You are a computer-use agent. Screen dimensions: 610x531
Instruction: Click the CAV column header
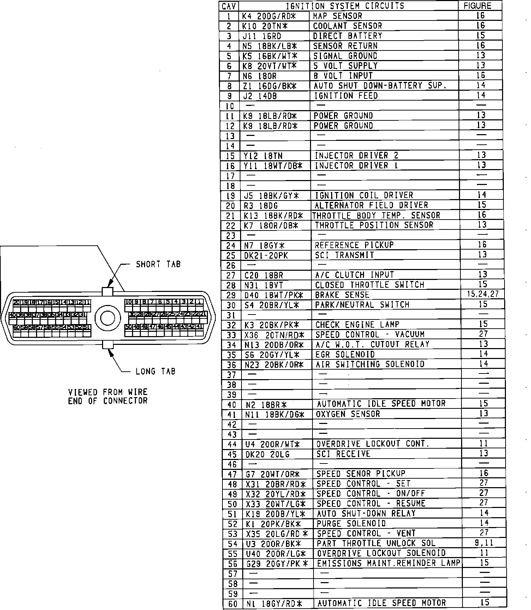click(x=229, y=6)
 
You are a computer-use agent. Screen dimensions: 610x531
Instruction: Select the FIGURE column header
click(x=477, y=6)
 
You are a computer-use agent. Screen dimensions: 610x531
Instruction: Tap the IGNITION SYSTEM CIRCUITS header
click(x=345, y=6)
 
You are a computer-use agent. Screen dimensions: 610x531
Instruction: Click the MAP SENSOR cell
click(x=338, y=16)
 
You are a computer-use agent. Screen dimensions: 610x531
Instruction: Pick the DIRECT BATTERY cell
click(x=347, y=36)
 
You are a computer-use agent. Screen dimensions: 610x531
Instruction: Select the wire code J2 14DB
click(x=260, y=96)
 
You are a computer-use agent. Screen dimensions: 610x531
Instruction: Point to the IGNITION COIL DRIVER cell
click(x=364, y=196)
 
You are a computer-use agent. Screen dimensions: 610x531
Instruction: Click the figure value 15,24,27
click(x=483, y=294)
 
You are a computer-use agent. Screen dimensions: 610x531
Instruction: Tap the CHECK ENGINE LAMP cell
click(x=357, y=325)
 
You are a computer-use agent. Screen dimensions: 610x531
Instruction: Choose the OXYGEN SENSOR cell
click(x=348, y=414)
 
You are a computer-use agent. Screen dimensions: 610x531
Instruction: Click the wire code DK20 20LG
click(x=267, y=454)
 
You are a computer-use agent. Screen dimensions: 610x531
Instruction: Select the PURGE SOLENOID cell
click(x=351, y=524)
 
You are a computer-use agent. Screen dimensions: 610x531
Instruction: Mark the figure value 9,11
click(x=484, y=543)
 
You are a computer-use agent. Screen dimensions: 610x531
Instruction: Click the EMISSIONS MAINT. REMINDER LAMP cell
click(x=388, y=563)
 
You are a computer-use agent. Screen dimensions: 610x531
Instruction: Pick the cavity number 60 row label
click(x=233, y=604)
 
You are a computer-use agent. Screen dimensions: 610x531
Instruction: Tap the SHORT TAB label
click(x=158, y=264)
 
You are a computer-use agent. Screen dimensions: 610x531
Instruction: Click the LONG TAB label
click(x=155, y=371)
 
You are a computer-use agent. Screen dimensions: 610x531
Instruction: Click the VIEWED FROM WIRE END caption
click(x=108, y=396)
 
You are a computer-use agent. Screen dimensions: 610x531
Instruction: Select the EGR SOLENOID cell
click(x=345, y=354)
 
